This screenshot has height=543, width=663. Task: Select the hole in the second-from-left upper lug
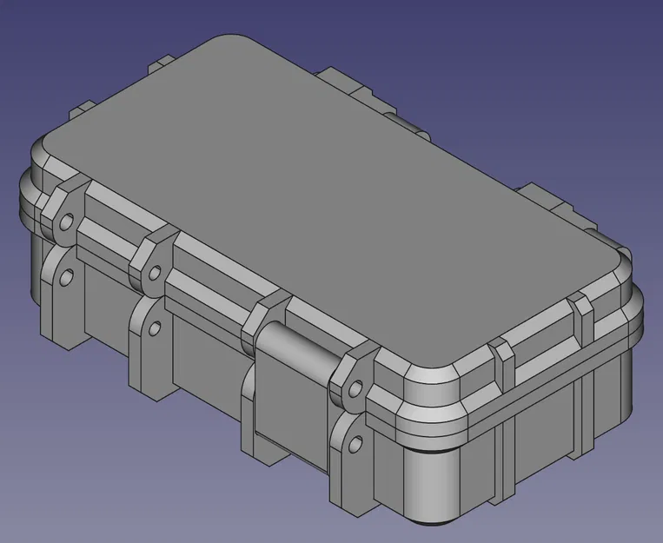pyautogui.click(x=155, y=273)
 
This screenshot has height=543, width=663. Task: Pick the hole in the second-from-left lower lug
pyautogui.click(x=156, y=328)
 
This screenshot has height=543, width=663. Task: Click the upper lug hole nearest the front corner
pyautogui.click(x=355, y=390)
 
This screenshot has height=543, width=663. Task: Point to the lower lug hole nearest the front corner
pyautogui.click(x=355, y=445)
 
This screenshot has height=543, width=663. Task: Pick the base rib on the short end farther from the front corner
pyautogui.click(x=580, y=408)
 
